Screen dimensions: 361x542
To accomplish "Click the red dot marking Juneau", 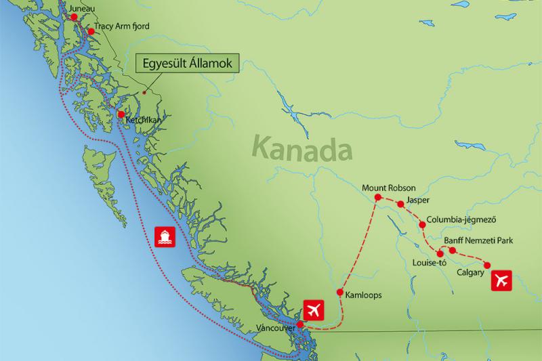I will coord(75,17).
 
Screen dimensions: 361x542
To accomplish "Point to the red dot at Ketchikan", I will coord(121,114).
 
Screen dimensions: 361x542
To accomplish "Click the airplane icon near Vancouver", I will coord(314,310).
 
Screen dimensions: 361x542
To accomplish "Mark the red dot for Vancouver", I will coord(300,324).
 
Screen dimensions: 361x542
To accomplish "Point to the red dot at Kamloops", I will coord(340,293).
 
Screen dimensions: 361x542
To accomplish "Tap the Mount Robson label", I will coord(389,188).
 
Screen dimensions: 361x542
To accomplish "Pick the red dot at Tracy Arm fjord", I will coord(91,31).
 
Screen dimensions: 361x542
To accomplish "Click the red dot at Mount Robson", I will coord(379,198).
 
